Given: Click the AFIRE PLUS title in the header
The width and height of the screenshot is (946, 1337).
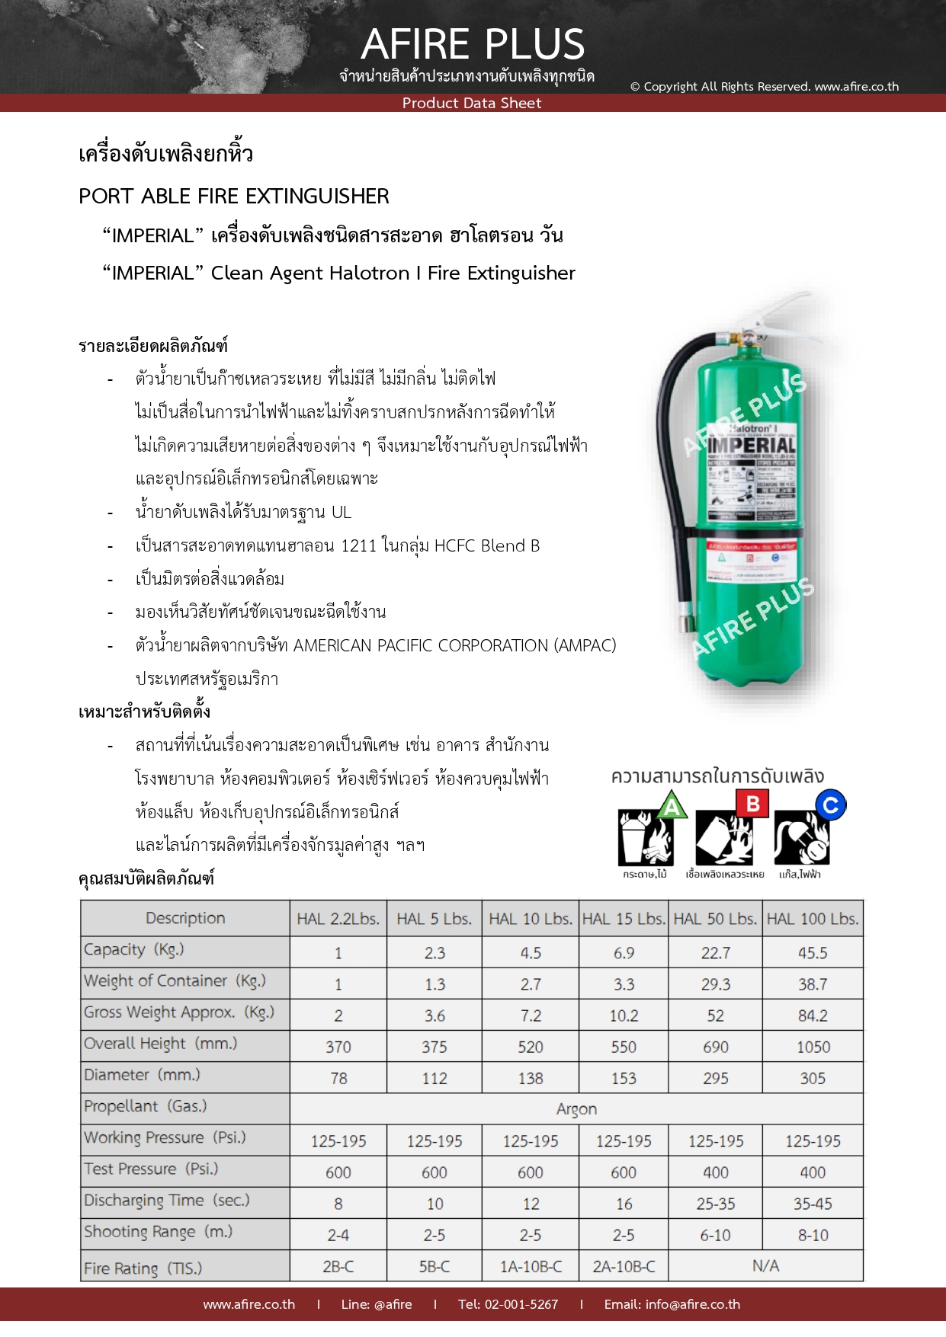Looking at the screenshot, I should pos(473,43).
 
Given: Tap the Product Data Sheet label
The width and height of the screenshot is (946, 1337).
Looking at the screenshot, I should pos(472,103).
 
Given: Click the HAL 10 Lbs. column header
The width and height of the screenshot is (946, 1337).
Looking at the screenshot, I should pos(531,919).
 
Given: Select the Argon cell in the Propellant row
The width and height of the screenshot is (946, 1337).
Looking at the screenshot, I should pos(576,1109).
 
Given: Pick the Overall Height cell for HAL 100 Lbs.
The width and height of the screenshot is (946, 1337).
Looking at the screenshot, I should pos(813,1047).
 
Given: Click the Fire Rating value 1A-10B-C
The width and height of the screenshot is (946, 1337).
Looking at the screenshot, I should pos(531,1266).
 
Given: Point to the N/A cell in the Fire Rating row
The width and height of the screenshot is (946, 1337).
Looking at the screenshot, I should pos(765,1265).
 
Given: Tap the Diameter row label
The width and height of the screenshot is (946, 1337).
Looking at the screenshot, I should pos(142,1075).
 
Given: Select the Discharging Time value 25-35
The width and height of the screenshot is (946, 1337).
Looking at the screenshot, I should pos(715,1204).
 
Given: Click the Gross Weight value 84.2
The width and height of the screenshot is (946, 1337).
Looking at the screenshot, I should pos(813,1016).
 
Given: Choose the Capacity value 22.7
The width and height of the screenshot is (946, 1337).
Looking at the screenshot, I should pos(715,953).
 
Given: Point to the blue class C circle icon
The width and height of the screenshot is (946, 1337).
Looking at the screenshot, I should pos(830,805).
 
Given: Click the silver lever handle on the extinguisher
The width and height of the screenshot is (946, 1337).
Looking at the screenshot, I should pos(785,305).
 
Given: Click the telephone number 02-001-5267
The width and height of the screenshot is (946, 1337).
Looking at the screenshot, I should pos(521,1304).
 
